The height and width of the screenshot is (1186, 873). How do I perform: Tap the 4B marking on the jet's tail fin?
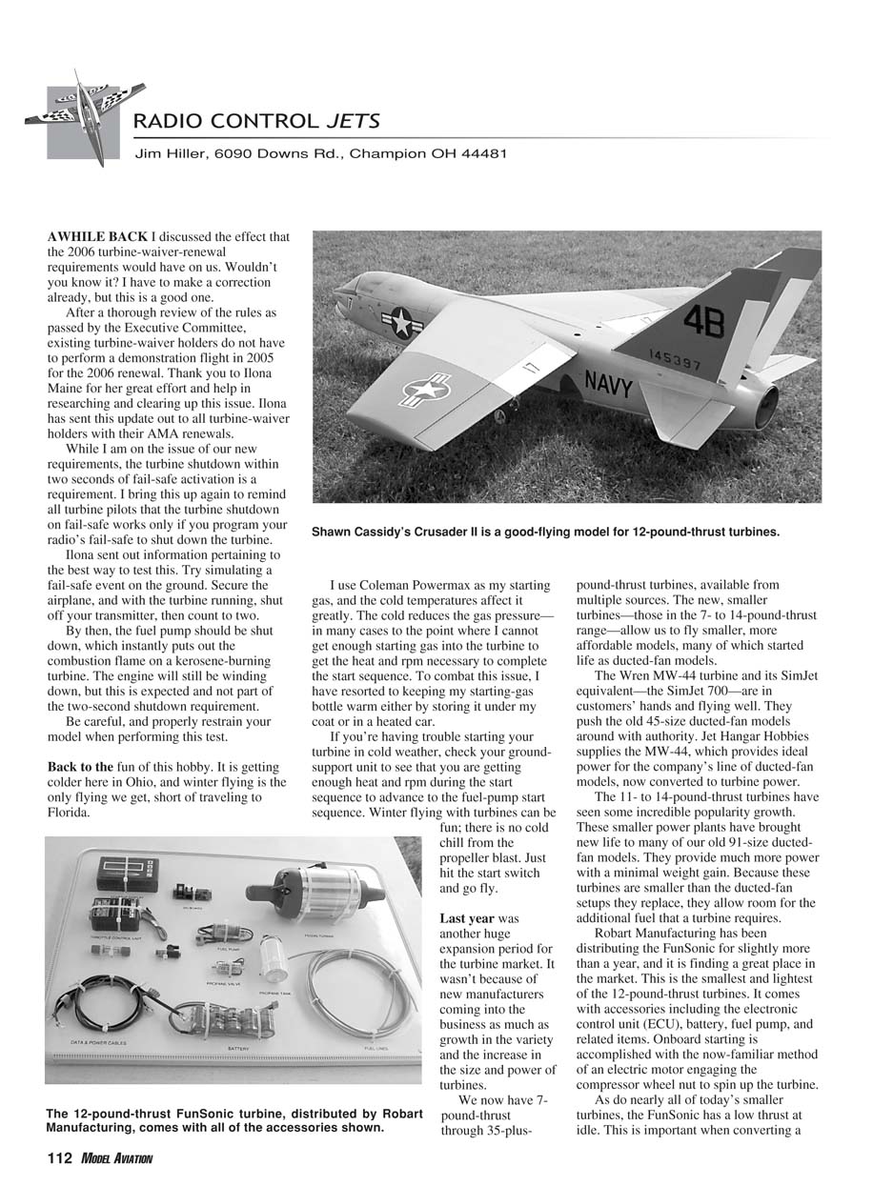[702, 322]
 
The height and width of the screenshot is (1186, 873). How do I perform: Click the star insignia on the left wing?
[426, 390]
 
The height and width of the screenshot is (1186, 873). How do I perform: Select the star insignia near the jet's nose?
[401, 323]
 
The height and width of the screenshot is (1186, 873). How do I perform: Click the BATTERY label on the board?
[238, 1049]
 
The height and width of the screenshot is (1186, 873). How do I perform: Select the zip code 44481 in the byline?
[482, 153]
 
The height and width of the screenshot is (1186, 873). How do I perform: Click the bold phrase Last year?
[466, 918]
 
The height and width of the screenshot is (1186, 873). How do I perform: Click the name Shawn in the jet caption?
[334, 533]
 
